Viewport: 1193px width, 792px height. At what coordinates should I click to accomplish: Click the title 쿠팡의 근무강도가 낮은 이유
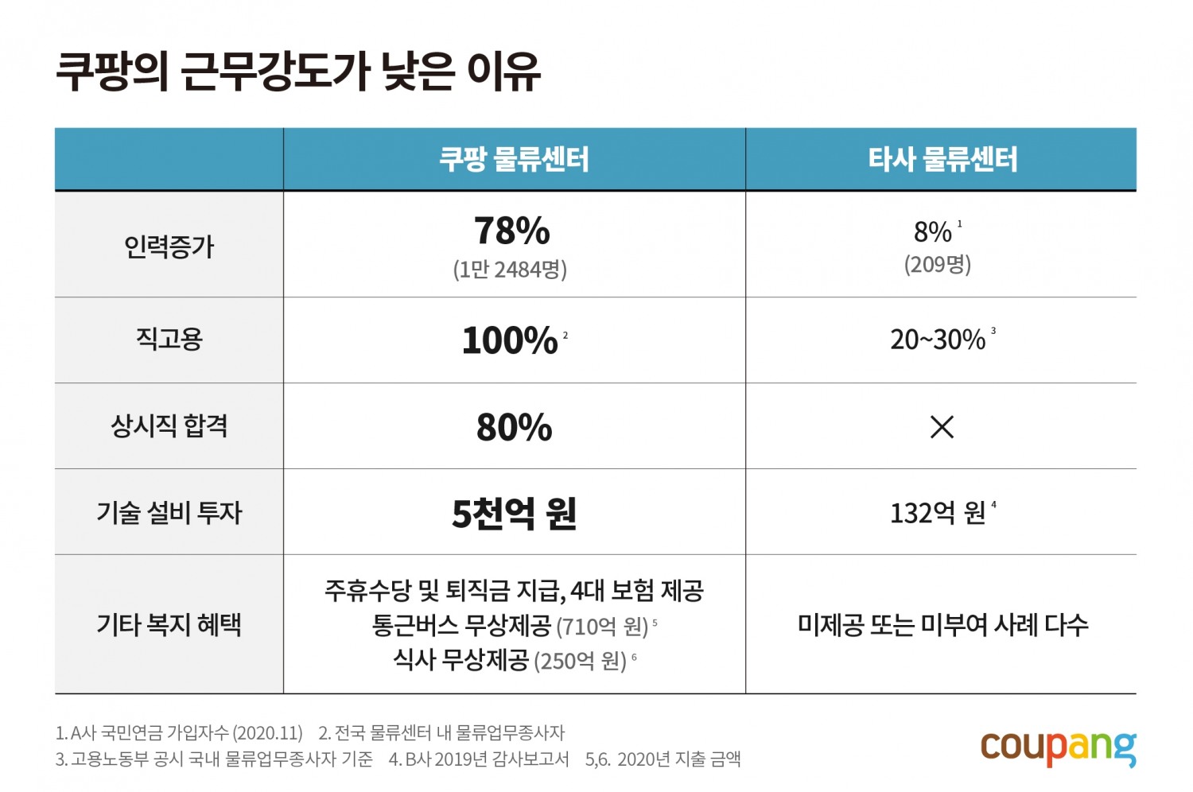[x=298, y=72]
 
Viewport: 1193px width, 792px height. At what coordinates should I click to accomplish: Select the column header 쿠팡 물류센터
[x=514, y=160]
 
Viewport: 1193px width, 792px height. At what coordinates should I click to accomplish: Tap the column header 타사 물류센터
[x=942, y=160]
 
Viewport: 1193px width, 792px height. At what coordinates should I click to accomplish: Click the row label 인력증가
[x=169, y=247]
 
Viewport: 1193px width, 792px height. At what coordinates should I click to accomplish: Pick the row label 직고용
[x=169, y=340]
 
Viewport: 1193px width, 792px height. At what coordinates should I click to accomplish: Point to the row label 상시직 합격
[x=169, y=426]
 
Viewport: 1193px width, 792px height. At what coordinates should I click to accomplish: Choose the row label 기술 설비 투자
[x=169, y=512]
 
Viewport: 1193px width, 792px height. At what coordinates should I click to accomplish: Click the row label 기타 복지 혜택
[x=169, y=625]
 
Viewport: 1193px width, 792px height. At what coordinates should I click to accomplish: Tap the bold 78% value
[x=512, y=231]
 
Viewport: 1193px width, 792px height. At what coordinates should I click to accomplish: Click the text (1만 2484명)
[x=510, y=270]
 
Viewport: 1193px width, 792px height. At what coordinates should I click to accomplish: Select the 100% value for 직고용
[x=510, y=340]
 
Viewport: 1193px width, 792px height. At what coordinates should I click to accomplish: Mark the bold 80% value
[x=514, y=427]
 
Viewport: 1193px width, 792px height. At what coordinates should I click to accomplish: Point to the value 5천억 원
[x=514, y=513]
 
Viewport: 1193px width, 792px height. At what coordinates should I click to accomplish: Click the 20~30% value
[x=938, y=340]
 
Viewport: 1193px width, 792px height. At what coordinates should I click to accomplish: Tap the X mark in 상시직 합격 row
[x=942, y=427]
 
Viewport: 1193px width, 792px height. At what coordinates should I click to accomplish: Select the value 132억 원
[x=938, y=513]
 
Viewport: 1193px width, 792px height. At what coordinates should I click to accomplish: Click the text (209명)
[x=938, y=264]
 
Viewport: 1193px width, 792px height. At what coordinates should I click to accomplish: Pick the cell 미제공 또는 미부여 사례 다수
[x=942, y=625]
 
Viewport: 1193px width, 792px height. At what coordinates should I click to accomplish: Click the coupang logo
[x=1058, y=747]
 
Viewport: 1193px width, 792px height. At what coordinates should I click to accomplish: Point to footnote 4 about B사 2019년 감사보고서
[x=479, y=759]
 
